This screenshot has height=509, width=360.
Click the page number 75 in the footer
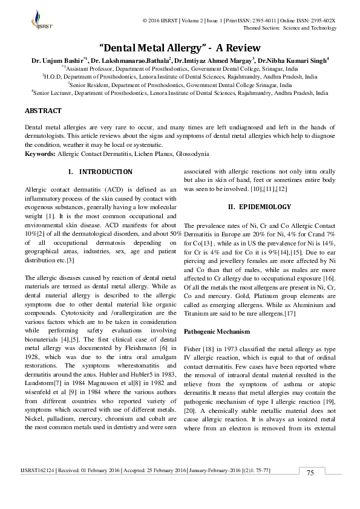pos(310,488)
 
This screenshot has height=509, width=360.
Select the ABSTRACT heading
pos(42,111)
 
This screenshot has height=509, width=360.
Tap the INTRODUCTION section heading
pos(106,172)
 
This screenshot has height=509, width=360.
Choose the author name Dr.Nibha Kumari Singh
pos(293,60)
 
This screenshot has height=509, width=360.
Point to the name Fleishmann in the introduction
pos(143,349)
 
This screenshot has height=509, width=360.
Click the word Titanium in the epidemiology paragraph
pos(199,314)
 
